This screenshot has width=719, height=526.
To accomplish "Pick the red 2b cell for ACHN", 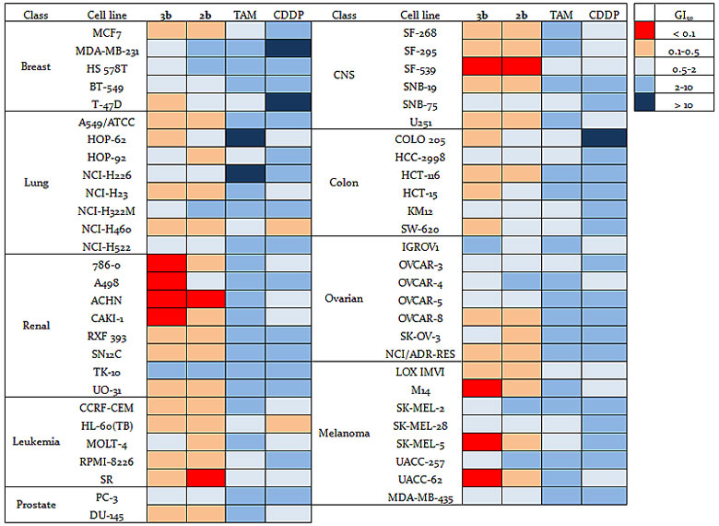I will (x=207, y=300).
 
